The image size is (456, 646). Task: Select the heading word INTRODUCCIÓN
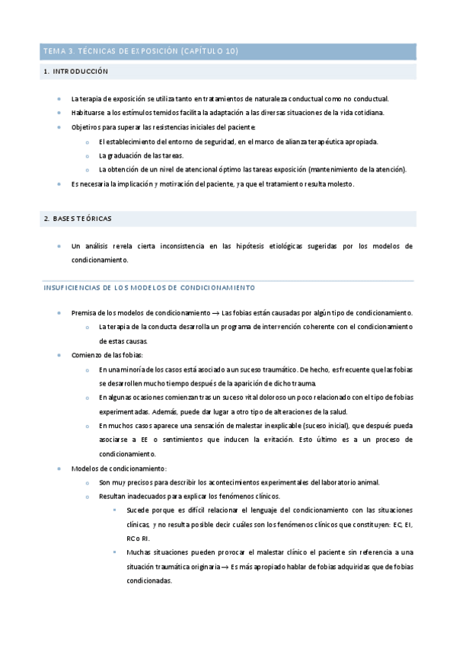tap(82, 72)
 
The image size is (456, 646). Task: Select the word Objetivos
tap(86, 127)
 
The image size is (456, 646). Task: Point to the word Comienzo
tap(87, 355)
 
